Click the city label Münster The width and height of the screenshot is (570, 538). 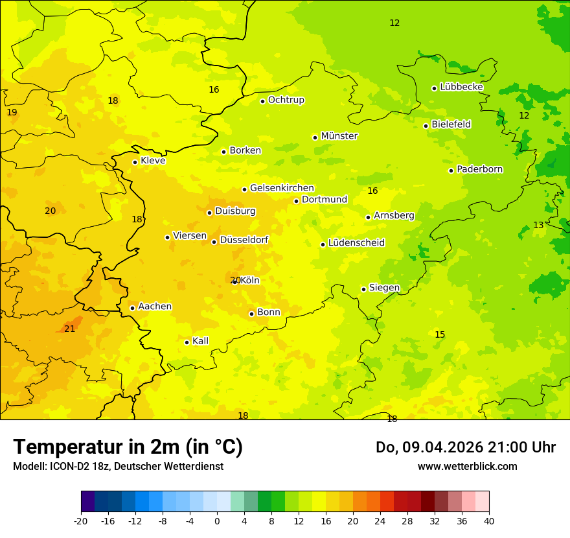tap(339, 136)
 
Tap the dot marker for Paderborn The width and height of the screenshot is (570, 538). tap(451, 170)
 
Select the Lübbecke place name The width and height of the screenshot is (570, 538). tap(461, 87)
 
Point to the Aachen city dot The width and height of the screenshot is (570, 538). tap(132, 308)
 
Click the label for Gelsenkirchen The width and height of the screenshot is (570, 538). tap(282, 188)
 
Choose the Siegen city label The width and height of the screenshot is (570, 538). tap(384, 288)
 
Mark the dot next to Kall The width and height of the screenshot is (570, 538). tap(187, 342)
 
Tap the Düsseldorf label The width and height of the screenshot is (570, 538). tap(244, 240)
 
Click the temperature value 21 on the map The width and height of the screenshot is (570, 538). tap(70, 329)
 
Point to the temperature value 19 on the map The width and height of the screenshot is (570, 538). tap(12, 112)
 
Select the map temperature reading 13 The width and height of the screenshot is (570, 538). tap(538, 225)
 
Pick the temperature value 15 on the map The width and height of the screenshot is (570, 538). tap(440, 334)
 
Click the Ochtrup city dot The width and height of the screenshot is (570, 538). tap(263, 101)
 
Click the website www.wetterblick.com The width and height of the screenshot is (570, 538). tap(467, 467)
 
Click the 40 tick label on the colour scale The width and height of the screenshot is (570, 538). tap(489, 520)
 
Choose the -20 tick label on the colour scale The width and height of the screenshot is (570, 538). tap(81, 520)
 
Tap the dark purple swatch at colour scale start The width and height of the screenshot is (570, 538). tap(87, 502)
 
